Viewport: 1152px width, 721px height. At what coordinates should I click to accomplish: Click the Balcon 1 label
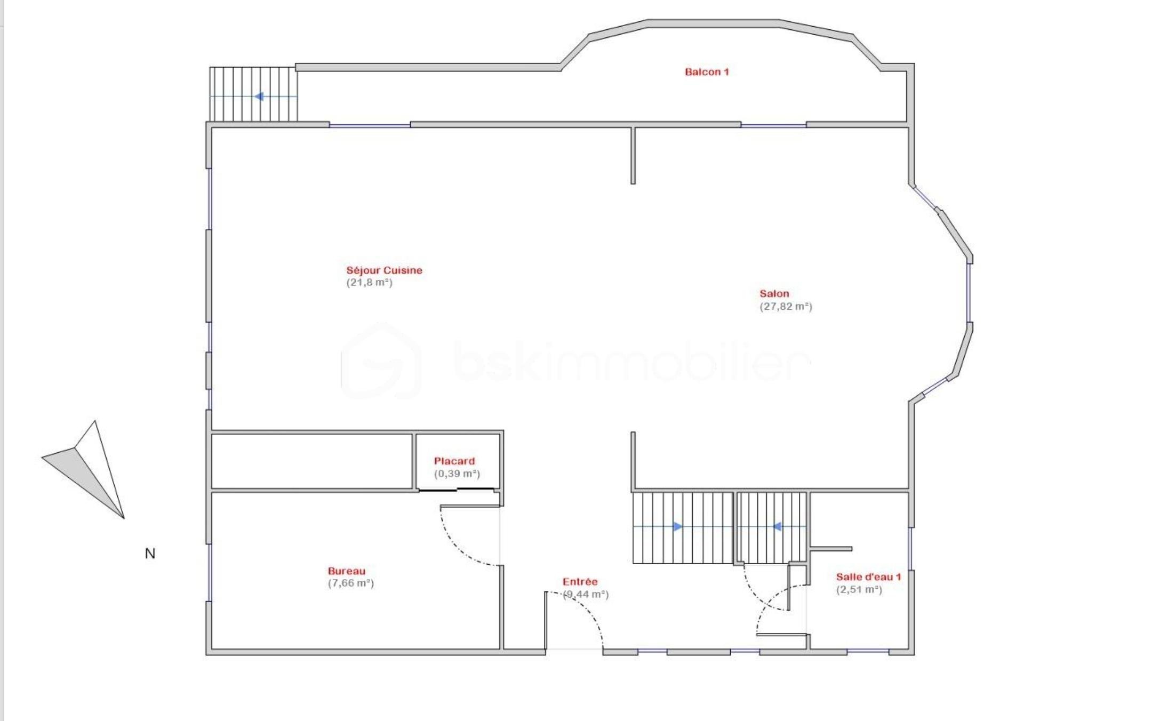tap(707, 72)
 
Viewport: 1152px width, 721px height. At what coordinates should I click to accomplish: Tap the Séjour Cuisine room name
tap(384, 270)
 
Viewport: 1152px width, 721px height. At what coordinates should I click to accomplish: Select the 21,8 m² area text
tap(370, 283)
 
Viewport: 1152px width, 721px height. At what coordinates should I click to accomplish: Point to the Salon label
tap(774, 294)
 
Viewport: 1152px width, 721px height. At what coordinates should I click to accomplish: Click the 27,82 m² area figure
tap(786, 307)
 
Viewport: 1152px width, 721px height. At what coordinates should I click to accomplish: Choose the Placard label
tap(454, 461)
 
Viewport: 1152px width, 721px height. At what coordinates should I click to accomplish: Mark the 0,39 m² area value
tap(457, 474)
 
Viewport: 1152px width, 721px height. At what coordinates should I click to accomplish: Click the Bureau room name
tap(347, 571)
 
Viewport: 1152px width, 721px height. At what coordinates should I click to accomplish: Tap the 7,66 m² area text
tap(351, 583)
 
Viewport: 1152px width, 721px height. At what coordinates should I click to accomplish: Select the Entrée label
tap(580, 582)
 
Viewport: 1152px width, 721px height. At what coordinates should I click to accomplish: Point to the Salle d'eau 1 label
tap(869, 577)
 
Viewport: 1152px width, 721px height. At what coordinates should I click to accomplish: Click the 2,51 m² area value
tap(859, 590)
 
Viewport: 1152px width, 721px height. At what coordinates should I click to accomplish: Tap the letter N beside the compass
tap(150, 554)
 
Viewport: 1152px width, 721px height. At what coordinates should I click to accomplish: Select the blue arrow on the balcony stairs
tap(254, 97)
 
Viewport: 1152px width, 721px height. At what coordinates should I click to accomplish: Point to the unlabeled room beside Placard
tap(312, 461)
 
